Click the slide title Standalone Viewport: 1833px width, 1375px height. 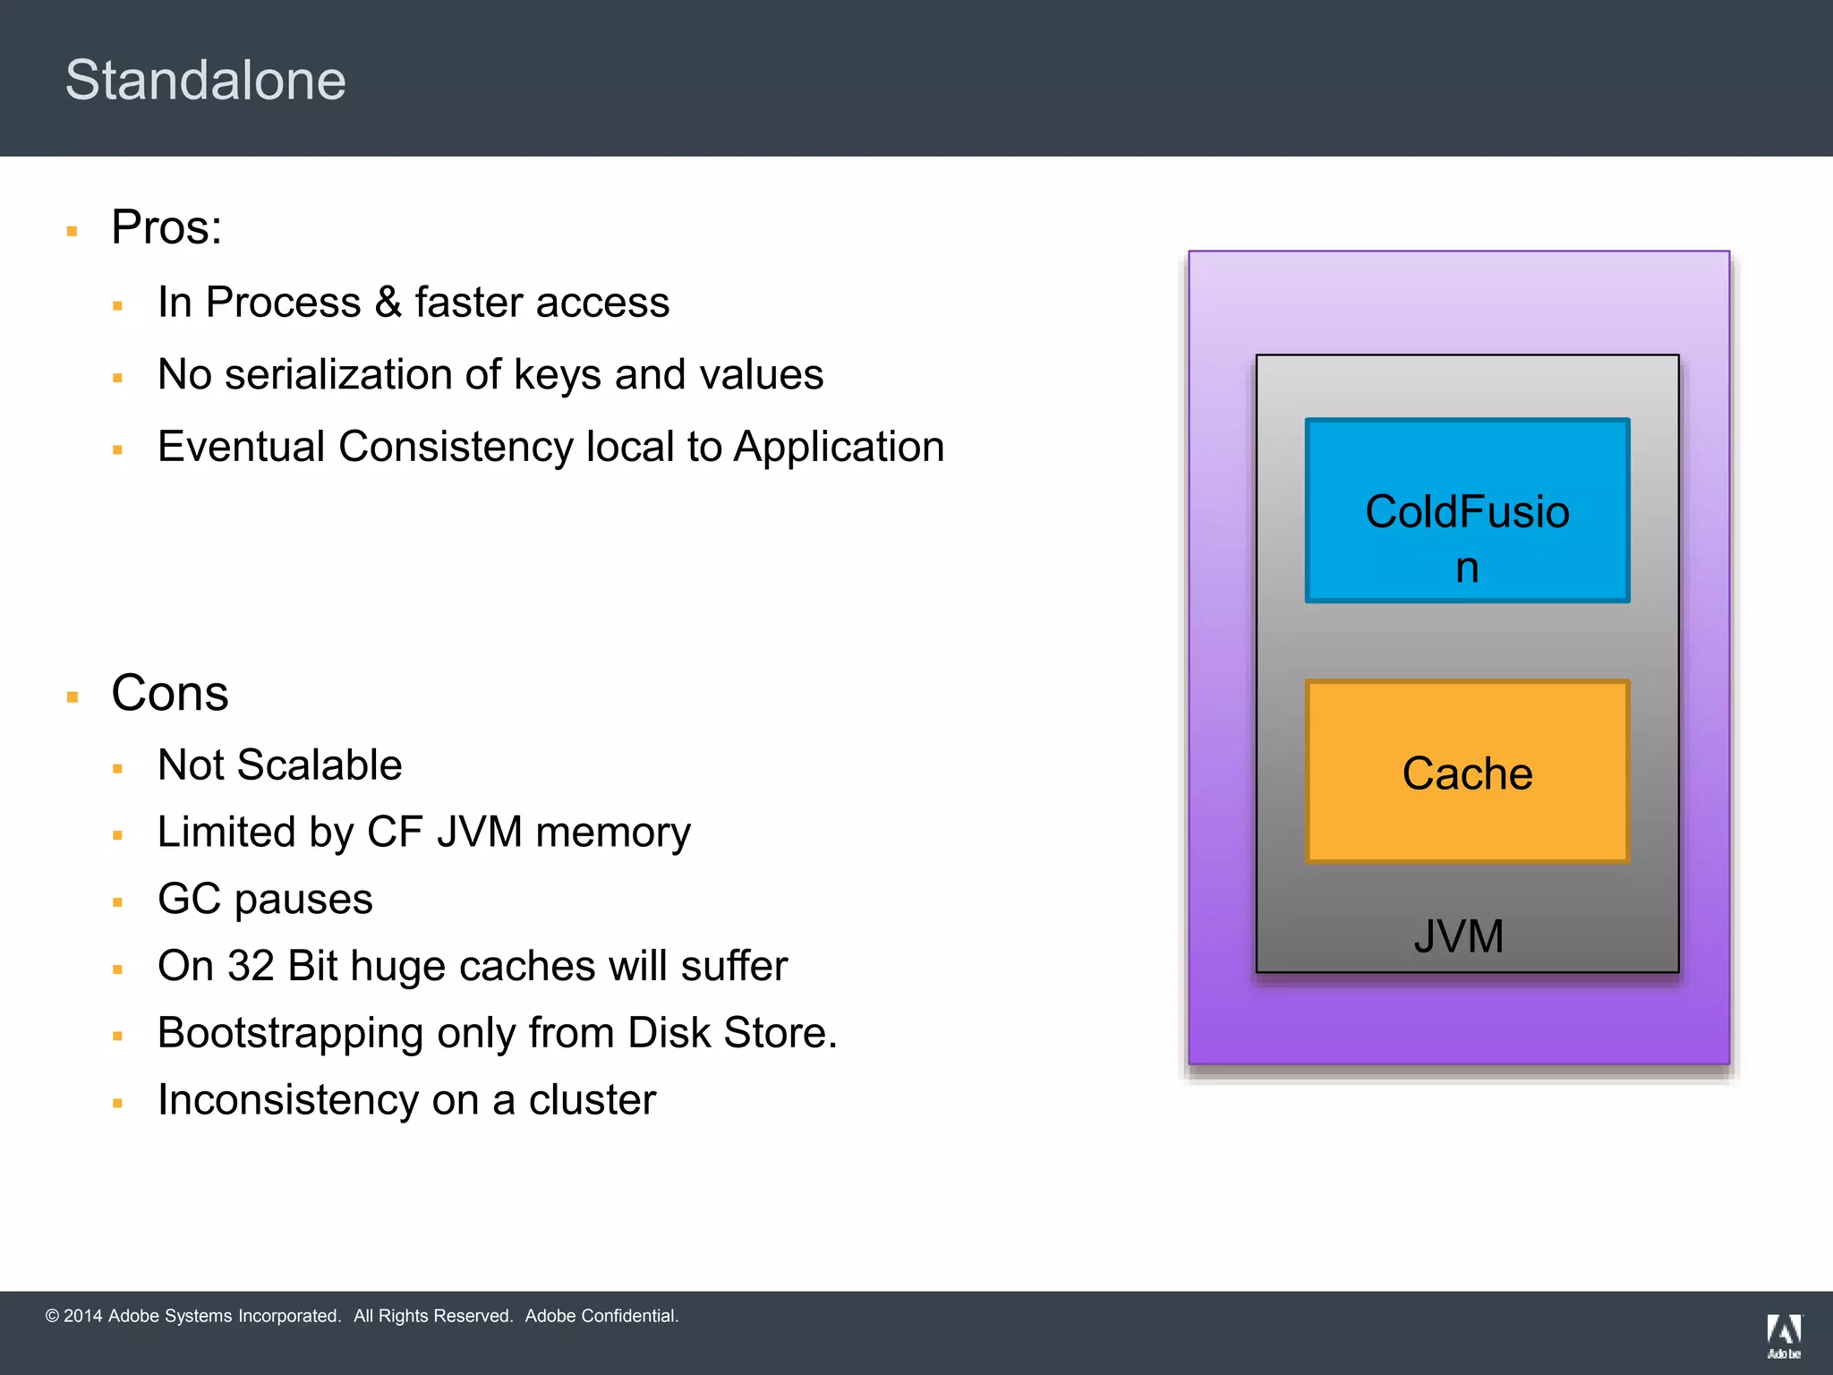[x=205, y=81]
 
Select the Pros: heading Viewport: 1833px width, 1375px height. [x=166, y=227]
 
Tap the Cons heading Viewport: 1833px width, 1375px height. [x=170, y=693]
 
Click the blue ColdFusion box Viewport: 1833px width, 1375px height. [x=1467, y=510]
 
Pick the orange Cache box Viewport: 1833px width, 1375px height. [x=1467, y=772]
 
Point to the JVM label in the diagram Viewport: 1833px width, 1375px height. [x=1458, y=936]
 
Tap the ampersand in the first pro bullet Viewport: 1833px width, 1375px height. [x=388, y=303]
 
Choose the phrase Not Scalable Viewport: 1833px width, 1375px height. [x=279, y=765]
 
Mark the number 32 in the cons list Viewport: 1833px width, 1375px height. [x=251, y=966]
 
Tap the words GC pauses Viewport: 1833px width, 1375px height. [x=265, y=899]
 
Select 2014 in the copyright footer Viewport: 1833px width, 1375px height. [x=82, y=1316]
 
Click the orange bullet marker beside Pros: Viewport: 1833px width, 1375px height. [x=72, y=231]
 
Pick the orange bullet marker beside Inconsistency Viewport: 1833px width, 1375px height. [x=117, y=1104]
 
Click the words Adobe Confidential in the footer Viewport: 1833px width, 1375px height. [x=601, y=1316]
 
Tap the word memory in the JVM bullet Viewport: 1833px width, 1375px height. [x=613, y=833]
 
